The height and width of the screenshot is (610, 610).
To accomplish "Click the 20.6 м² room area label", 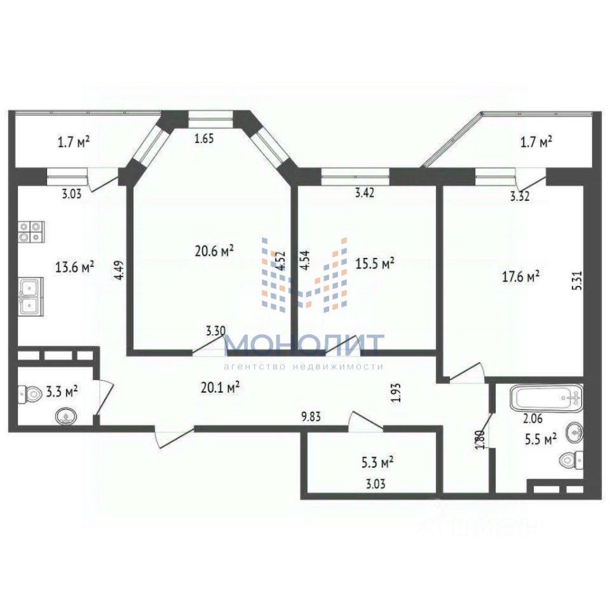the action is (214, 251).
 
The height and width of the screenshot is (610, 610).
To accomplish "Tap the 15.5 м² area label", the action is (375, 263).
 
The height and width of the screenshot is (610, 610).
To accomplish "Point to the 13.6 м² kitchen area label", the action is (75, 267).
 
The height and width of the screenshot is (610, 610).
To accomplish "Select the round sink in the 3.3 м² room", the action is (65, 416).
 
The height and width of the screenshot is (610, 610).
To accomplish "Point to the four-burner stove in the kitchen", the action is (30, 232).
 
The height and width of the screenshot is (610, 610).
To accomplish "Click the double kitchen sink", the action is (30, 297).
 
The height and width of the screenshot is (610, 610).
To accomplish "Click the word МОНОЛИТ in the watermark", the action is (304, 345).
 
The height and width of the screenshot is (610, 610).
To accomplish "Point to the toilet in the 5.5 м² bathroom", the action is (568, 459).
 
